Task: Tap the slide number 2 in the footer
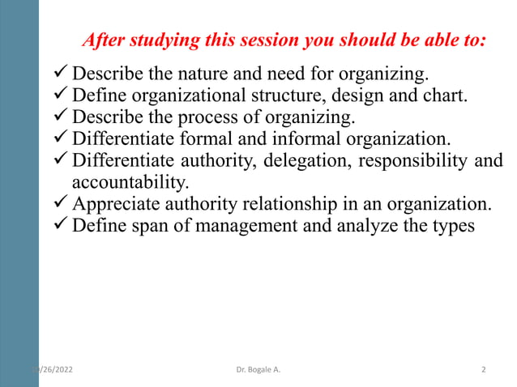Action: (x=483, y=370)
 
